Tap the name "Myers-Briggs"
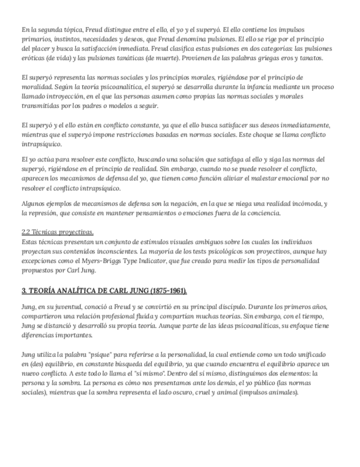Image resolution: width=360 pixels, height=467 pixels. coord(115,261)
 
